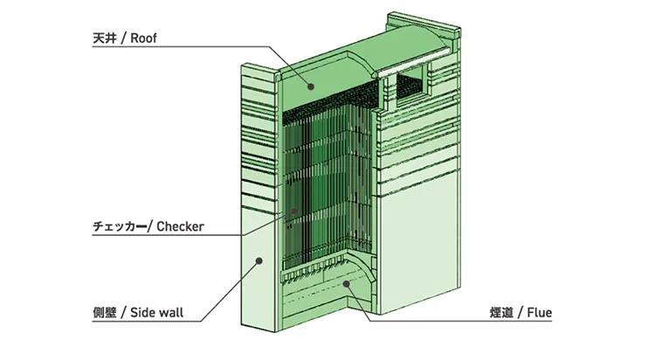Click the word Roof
pyautogui.click(x=143, y=38)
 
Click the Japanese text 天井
pyautogui.click(x=104, y=38)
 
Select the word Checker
pyautogui.click(x=180, y=226)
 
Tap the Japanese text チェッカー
pyautogui.click(x=120, y=226)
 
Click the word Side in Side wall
pyautogui.click(x=142, y=312)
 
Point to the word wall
pyautogui.click(x=170, y=312)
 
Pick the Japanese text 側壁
pyautogui.click(x=104, y=313)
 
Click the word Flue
pyautogui.click(x=540, y=312)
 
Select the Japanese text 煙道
pyautogui.click(x=501, y=313)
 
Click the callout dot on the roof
pyautogui.click(x=310, y=87)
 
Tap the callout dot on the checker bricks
pyautogui.click(x=294, y=211)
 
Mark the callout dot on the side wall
pyautogui.click(x=259, y=261)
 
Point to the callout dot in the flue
pyautogui.click(x=346, y=283)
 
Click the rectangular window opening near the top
pyautogui.click(x=411, y=85)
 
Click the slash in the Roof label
pyautogui.click(x=123, y=38)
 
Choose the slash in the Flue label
pyautogui.click(x=521, y=313)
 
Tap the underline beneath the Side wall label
pyautogui.click(x=147, y=321)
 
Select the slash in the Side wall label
pyautogui.click(x=123, y=313)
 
